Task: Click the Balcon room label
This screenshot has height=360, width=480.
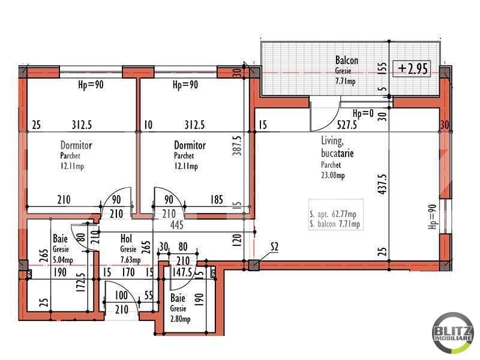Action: (347, 61)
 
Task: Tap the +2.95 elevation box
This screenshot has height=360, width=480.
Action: (412, 68)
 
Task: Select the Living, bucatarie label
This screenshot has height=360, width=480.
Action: (337, 147)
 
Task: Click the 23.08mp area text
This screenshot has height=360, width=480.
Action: (333, 175)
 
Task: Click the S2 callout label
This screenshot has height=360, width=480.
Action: (274, 247)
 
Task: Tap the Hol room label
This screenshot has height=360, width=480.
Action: (126, 238)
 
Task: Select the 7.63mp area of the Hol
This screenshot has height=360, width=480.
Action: (130, 260)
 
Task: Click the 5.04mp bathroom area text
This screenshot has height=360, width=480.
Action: (63, 260)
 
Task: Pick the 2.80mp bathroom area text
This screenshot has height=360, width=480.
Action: (181, 319)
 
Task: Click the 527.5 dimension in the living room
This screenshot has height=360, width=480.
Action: (347, 125)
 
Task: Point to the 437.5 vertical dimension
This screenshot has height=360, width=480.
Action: (382, 184)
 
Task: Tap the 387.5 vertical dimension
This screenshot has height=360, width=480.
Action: (237, 145)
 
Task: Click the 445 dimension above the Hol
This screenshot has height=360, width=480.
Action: (177, 225)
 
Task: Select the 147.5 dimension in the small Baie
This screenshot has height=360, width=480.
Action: (182, 272)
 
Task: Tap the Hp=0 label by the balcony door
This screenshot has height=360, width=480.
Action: (363, 114)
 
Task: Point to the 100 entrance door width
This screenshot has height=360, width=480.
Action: (121, 295)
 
